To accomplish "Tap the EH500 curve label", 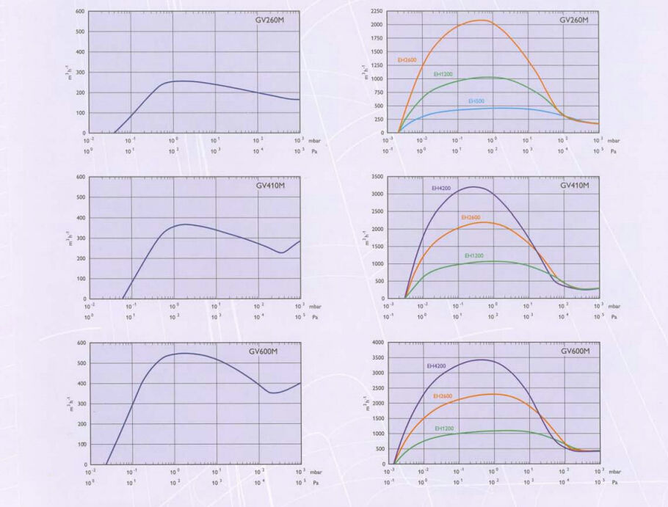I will coord(476,101).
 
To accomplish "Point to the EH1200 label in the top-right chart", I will coord(442,74).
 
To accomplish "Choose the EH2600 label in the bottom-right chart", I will coord(443,396).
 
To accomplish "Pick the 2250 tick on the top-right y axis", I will coord(377,12).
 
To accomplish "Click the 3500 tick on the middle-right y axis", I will coord(377,178).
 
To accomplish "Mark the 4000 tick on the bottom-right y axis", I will coord(377,343).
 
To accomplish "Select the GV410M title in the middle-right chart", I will coord(576,186).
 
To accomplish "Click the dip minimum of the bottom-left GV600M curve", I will coord(273,393).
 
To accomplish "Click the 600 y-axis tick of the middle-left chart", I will coord(81,178).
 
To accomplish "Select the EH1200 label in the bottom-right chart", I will coord(444,428).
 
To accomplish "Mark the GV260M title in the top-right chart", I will coord(574,20).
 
